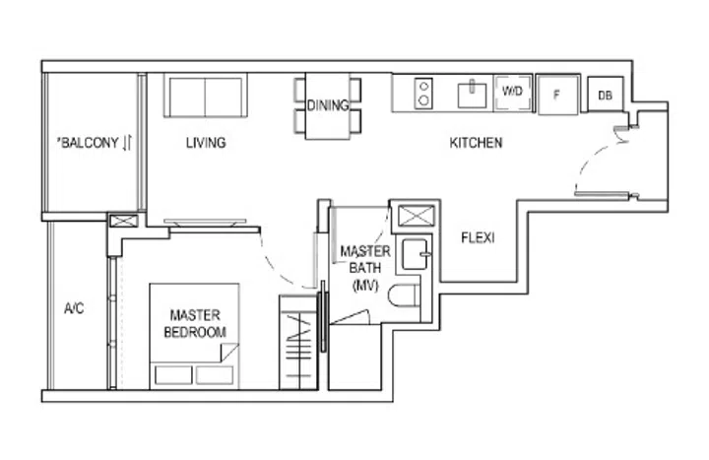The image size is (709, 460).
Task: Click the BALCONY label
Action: [x=95, y=143]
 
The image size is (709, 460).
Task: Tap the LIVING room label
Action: [x=206, y=143]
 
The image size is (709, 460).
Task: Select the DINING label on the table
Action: [x=327, y=106]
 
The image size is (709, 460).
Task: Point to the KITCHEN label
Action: [x=476, y=143]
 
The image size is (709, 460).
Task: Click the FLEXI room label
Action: [x=478, y=238]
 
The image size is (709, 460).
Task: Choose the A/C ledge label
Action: [x=75, y=308]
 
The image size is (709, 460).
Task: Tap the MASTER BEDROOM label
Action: [x=194, y=324]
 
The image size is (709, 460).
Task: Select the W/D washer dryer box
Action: [x=513, y=93]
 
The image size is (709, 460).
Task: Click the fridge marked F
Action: [x=557, y=95]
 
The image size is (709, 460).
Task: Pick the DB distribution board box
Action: [x=604, y=96]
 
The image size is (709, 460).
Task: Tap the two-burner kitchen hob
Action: [x=423, y=94]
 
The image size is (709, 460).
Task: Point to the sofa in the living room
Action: [x=205, y=97]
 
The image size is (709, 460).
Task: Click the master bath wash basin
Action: [x=417, y=253]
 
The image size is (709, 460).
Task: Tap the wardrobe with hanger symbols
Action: [x=299, y=341]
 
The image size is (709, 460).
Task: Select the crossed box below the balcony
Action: [x=124, y=222]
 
